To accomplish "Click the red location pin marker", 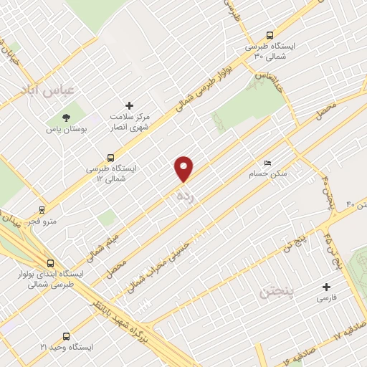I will (185, 168).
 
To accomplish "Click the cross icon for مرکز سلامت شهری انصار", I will (129, 105).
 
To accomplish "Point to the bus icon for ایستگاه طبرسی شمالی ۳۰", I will (270, 34).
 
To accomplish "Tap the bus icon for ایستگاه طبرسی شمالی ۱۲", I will (110, 157).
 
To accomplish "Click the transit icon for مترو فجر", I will (42, 210).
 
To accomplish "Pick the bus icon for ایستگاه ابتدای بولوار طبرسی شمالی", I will (49, 263).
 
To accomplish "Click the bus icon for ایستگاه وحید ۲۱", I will (67, 335).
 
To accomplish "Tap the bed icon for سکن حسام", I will (268, 163).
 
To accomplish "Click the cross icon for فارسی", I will (327, 287).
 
